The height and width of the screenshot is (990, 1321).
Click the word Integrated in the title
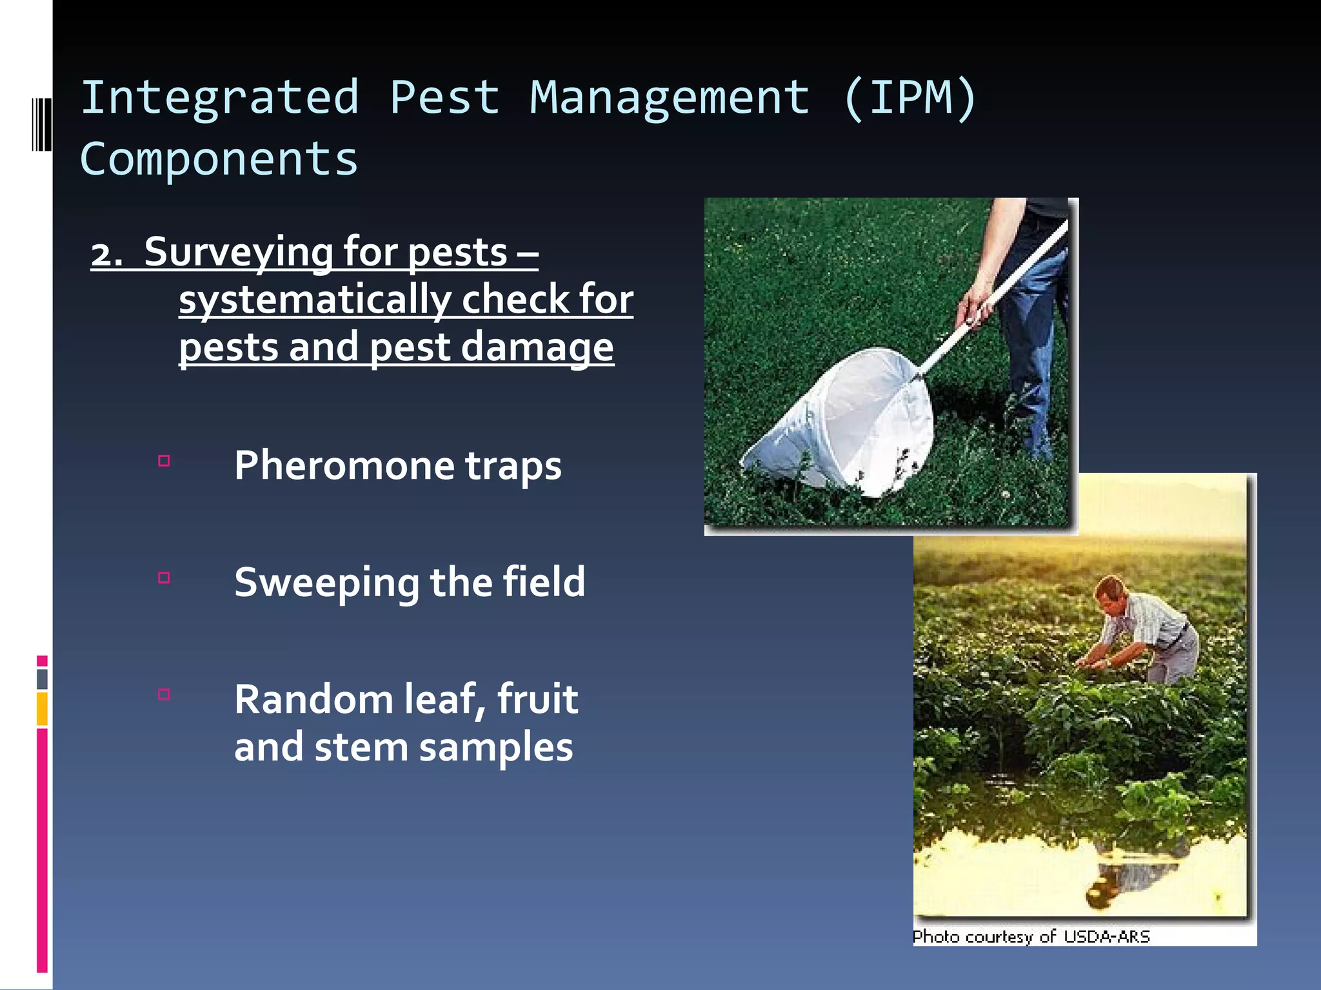(219, 98)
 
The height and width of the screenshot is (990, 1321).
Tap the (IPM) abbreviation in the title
(909, 98)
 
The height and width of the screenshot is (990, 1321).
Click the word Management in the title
(670, 98)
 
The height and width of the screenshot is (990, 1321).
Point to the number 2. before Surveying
(106, 253)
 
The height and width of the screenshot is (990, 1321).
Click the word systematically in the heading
(315, 300)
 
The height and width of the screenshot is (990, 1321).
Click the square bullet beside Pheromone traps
(164, 461)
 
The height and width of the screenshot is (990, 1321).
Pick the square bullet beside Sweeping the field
(164, 577)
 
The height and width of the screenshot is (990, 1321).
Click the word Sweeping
(326, 583)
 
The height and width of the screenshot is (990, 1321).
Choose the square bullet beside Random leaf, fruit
(164, 694)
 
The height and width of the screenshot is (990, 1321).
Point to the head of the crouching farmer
(1111, 593)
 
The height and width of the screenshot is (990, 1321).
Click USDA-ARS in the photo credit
(1107, 937)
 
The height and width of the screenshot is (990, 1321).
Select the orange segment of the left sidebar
(42, 708)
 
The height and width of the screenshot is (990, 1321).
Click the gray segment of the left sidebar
(42, 679)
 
